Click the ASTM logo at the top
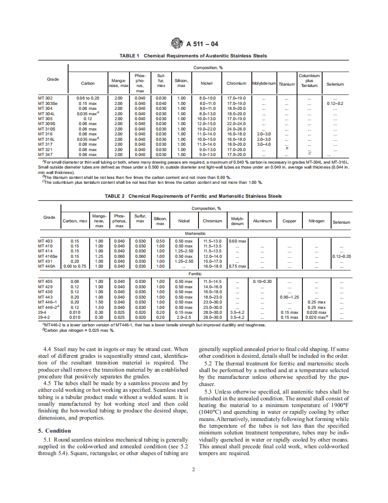[x=178, y=43]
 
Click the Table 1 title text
[x=193, y=56]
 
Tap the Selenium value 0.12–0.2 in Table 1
[x=335, y=104]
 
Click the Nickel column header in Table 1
[x=206, y=83]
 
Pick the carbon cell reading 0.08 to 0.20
[x=88, y=98]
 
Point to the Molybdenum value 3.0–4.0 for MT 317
[x=264, y=144]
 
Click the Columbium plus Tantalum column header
[x=309, y=81]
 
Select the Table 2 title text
[x=193, y=196]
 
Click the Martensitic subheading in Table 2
[x=195, y=234]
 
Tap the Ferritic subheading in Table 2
[x=195, y=273]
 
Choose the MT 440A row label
[x=47, y=266]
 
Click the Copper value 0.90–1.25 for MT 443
[x=289, y=297]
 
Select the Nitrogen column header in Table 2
[x=317, y=221]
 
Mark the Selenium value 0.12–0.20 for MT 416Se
[x=342, y=256]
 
